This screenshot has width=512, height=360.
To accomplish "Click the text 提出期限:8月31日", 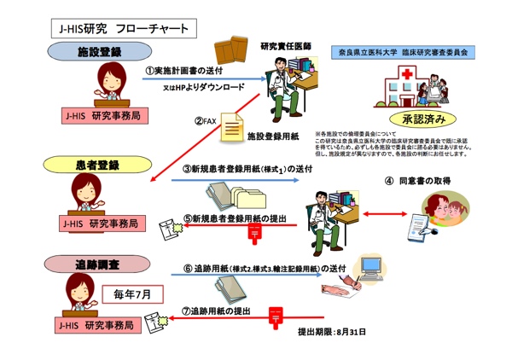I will click(x=331, y=330).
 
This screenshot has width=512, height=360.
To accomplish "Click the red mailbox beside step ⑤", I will click(x=253, y=230).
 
